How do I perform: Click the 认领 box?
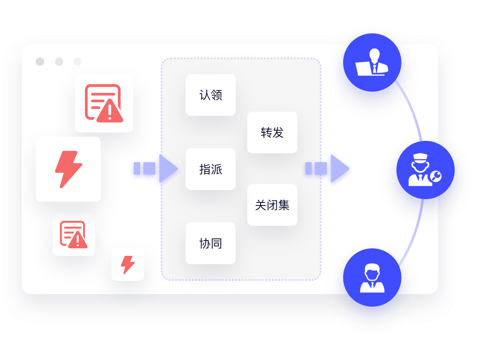pos(211,95)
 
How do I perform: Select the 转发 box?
pos(272,132)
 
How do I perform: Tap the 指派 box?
pos(211,169)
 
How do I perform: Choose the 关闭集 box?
pos(272,205)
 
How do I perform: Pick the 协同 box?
pos(211,243)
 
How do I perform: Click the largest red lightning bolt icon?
pos(68,169)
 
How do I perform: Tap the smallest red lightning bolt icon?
pos(128,265)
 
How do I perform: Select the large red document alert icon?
pos(104,103)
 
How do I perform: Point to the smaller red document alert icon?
pos(74,235)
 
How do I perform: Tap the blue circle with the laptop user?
pos(372,62)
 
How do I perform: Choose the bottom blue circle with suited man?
pos(372,277)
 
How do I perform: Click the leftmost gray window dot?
pos(40,62)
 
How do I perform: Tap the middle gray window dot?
pos(59,62)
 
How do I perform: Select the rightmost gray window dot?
pos(77,62)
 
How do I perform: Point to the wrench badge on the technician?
pos(436,177)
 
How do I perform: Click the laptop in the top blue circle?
pos(363,69)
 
